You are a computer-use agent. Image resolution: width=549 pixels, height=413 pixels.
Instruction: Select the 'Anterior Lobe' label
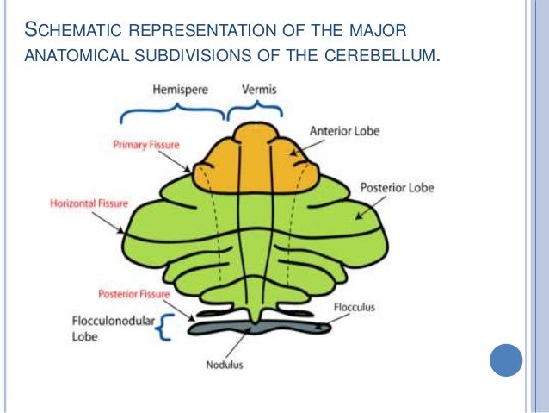[x=343, y=131]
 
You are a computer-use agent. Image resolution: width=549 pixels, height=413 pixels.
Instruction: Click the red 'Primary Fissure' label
[x=144, y=146]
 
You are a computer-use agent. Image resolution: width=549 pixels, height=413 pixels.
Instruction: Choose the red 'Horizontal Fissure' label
[x=89, y=203]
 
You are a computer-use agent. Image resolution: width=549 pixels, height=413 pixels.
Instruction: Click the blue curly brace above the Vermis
[x=254, y=110]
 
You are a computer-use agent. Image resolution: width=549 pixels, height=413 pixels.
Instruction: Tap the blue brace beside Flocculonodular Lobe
[x=162, y=328]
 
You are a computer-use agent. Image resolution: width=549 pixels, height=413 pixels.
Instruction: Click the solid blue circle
[x=507, y=360]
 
